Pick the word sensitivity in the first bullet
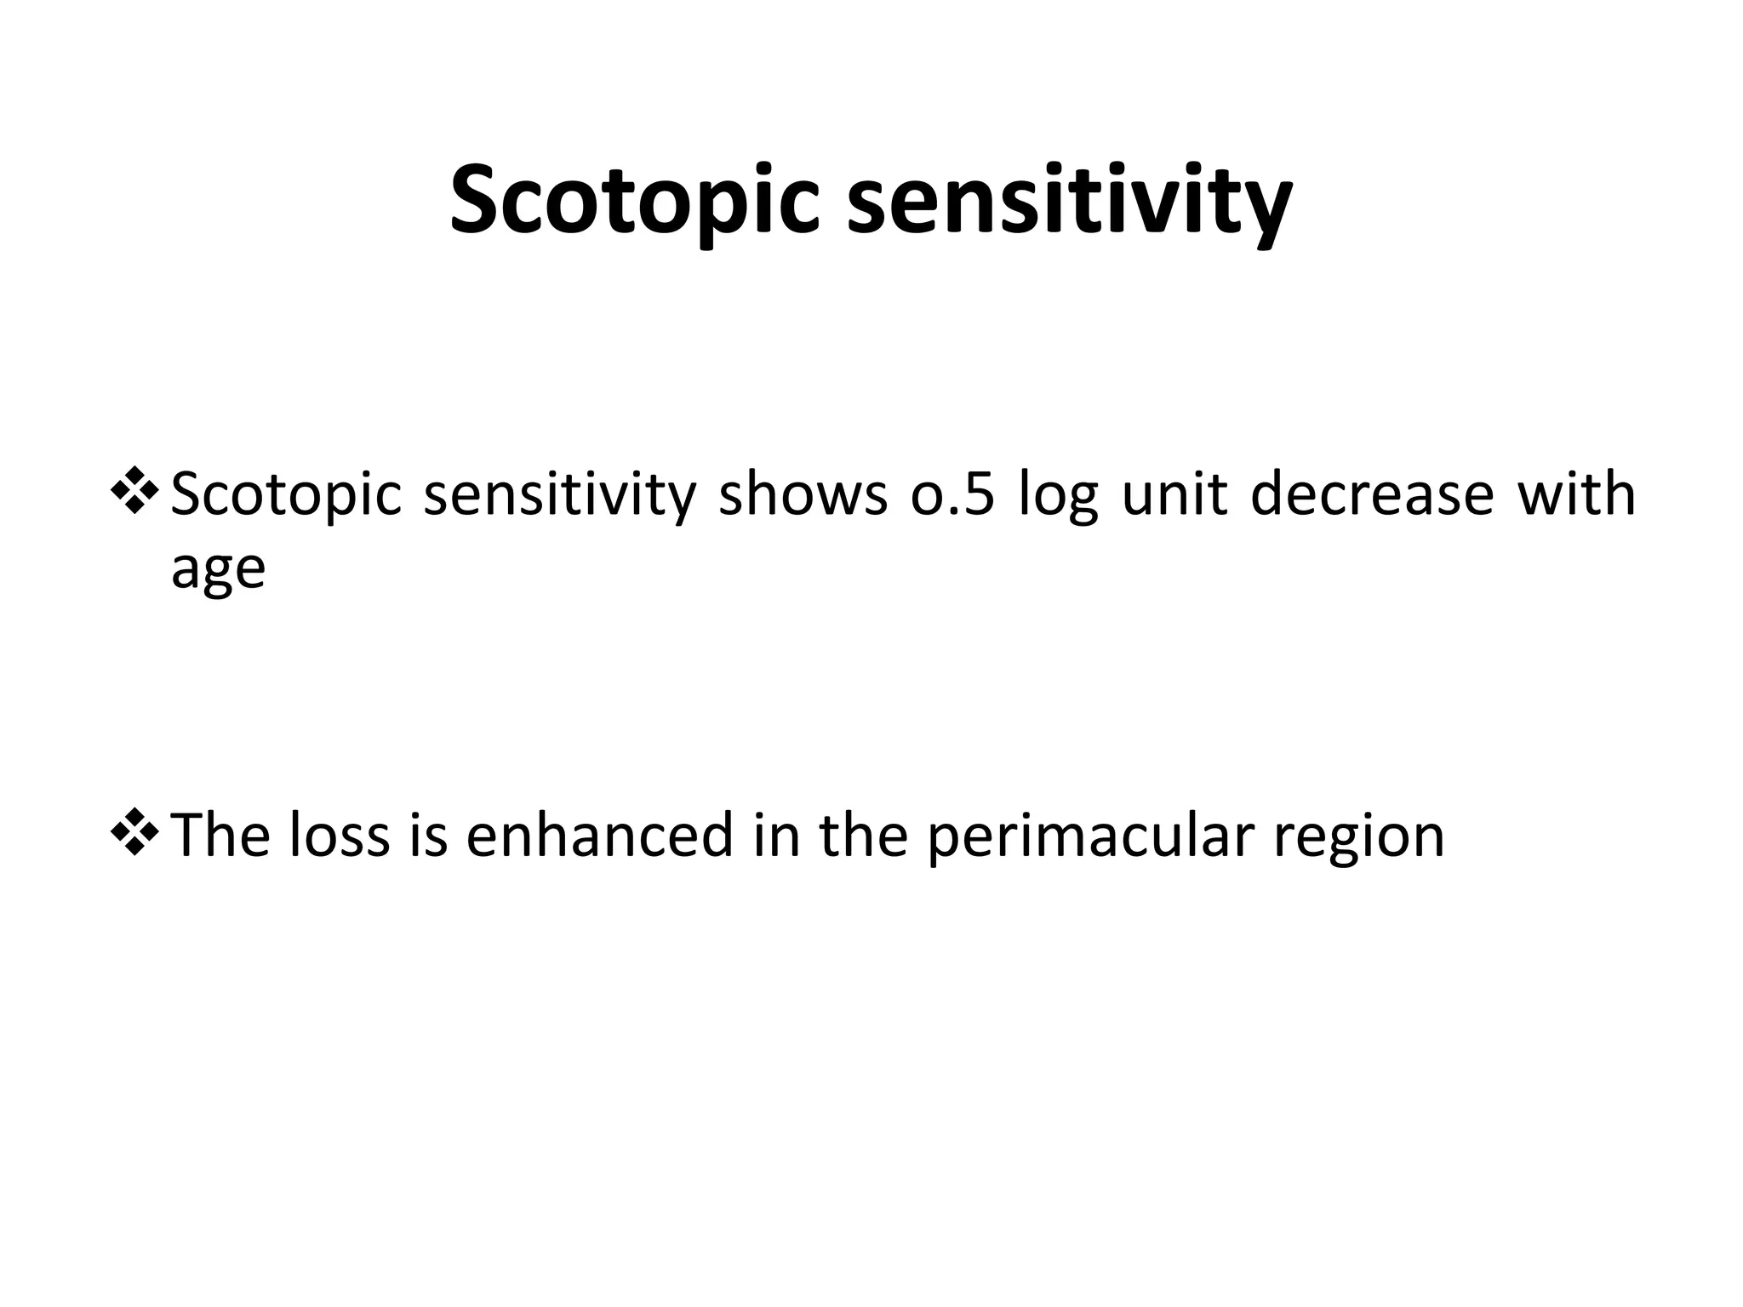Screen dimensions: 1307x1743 pos(559,494)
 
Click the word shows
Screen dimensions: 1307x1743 pos(803,494)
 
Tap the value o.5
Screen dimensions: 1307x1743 pos(952,494)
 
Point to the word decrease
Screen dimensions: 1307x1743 pos(1372,494)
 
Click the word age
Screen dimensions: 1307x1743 pos(218,569)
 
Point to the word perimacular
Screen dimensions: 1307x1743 pos(1090,836)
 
